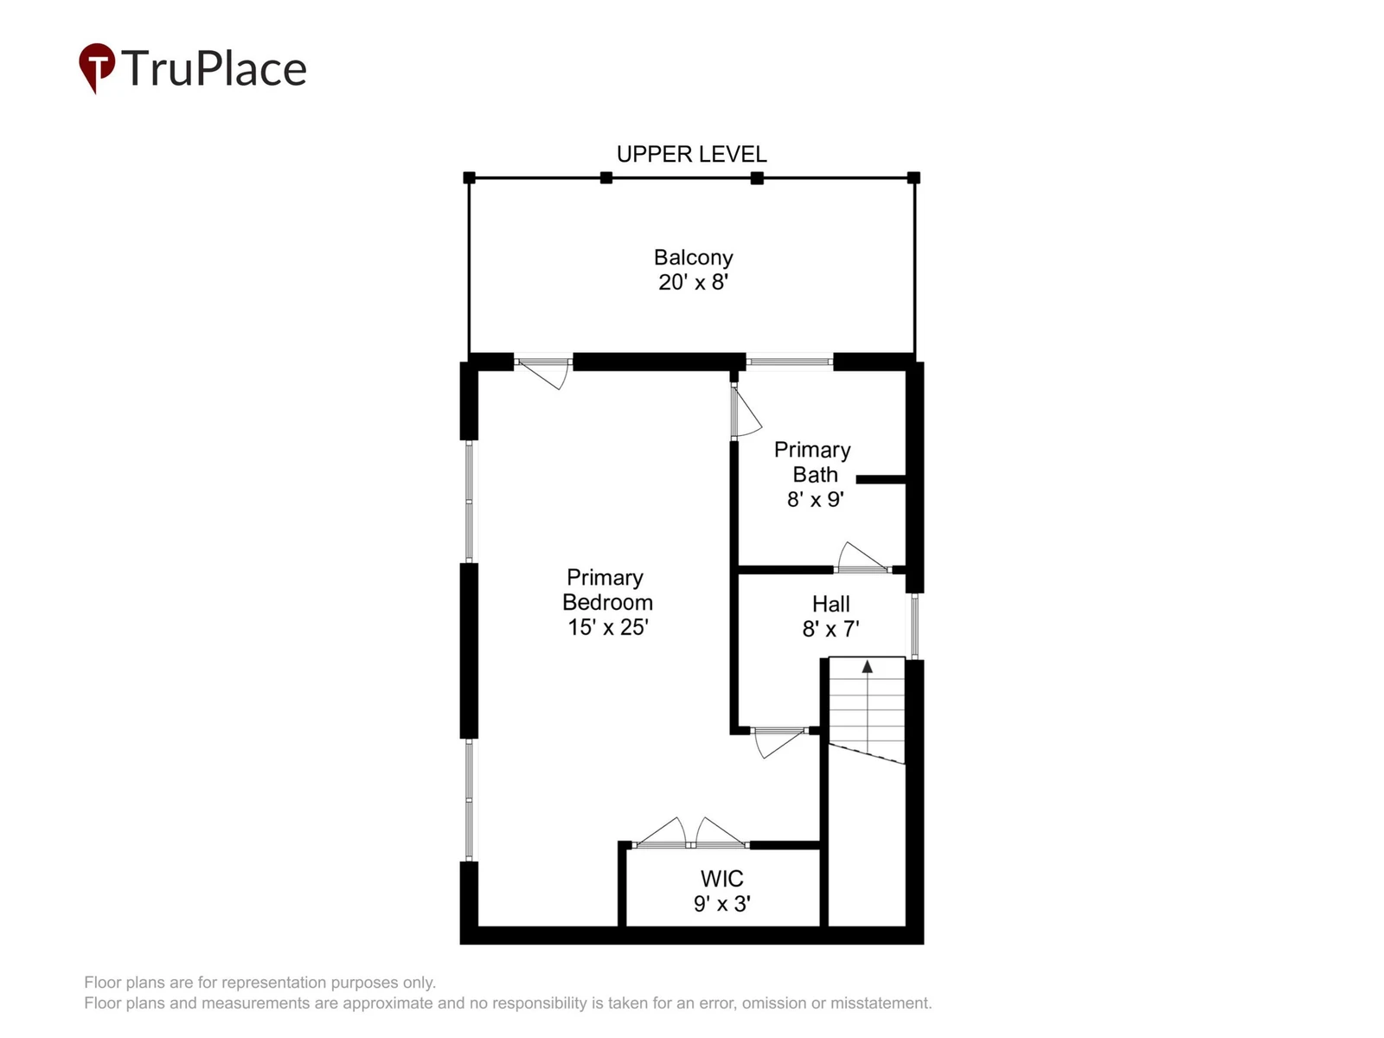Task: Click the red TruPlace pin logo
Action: click(x=97, y=67)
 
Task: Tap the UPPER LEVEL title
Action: click(x=691, y=155)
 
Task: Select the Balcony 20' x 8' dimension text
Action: click(x=693, y=282)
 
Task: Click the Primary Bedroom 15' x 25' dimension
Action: click(x=608, y=627)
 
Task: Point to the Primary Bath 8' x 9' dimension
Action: click(x=816, y=500)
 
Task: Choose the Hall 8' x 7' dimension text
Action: click(x=830, y=629)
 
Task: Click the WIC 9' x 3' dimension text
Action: click(x=721, y=904)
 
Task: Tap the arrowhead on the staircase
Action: click(x=867, y=666)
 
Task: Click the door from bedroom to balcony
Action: click(x=543, y=372)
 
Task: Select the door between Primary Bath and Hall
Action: click(x=862, y=559)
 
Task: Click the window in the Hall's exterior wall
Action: click(x=914, y=626)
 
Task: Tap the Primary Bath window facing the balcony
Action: click(x=790, y=362)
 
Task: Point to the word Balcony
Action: click(x=693, y=258)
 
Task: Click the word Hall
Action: click(x=830, y=604)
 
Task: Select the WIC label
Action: click(x=721, y=879)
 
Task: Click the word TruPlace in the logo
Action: click(x=214, y=68)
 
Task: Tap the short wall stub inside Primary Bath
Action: click(x=881, y=479)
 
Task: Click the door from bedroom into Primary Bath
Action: click(x=746, y=410)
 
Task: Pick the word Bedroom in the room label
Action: click(x=607, y=603)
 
